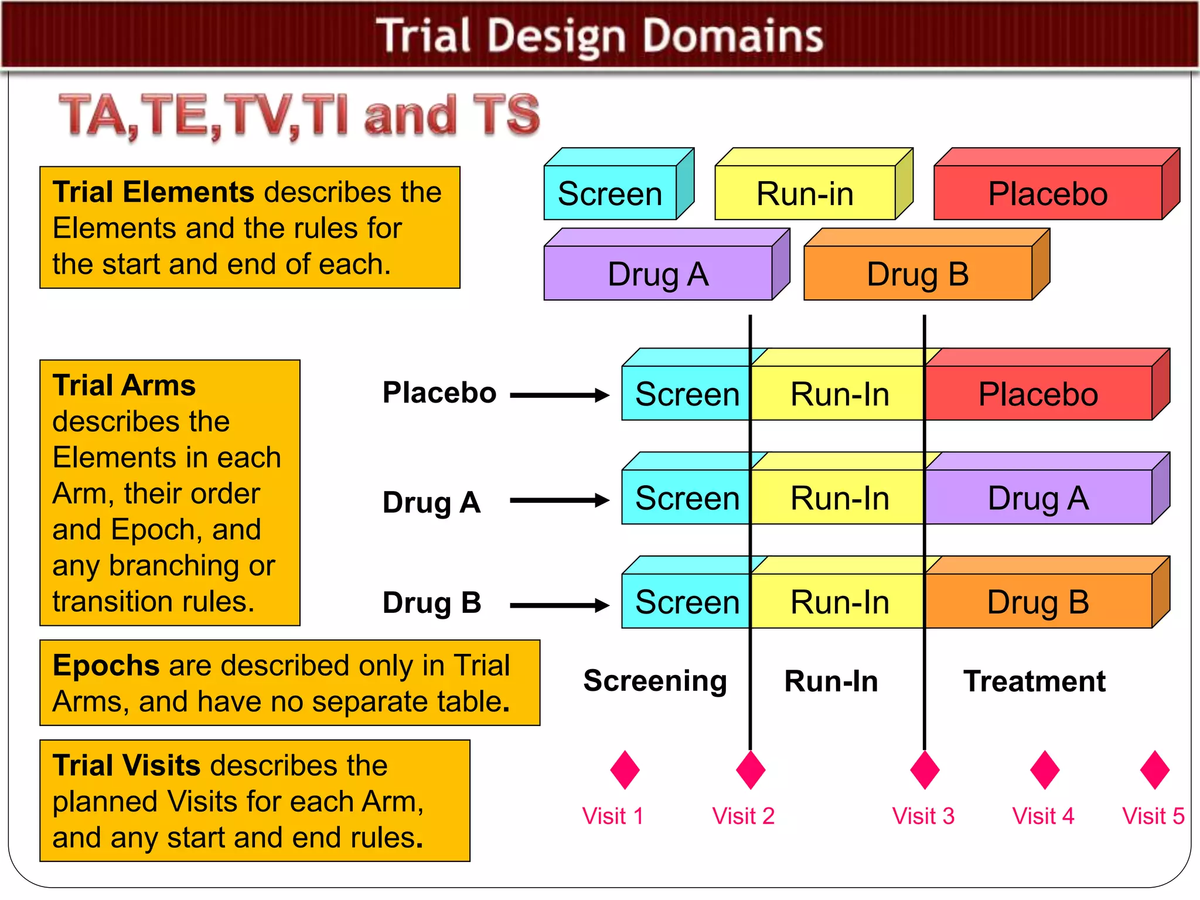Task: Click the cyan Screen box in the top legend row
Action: [x=610, y=193]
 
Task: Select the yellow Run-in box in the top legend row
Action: [x=805, y=193]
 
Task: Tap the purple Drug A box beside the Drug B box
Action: [x=658, y=274]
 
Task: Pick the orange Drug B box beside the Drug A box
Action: [x=918, y=274]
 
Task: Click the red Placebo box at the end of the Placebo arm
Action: [x=1038, y=394]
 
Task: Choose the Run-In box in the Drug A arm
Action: [x=839, y=498]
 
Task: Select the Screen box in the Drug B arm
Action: [x=687, y=602]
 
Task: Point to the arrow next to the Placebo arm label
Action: [x=560, y=396]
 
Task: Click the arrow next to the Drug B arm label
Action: [x=560, y=605]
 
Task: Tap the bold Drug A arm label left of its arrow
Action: [x=431, y=502]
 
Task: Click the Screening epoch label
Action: [x=655, y=681]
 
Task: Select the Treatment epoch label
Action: [x=1034, y=681]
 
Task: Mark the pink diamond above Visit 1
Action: [x=625, y=770]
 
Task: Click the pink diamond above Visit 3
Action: [x=925, y=770]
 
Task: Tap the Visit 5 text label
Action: [x=1153, y=816]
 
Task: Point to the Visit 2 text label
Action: [x=743, y=816]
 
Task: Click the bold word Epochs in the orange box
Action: [x=105, y=666]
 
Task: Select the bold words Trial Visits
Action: [x=127, y=765]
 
